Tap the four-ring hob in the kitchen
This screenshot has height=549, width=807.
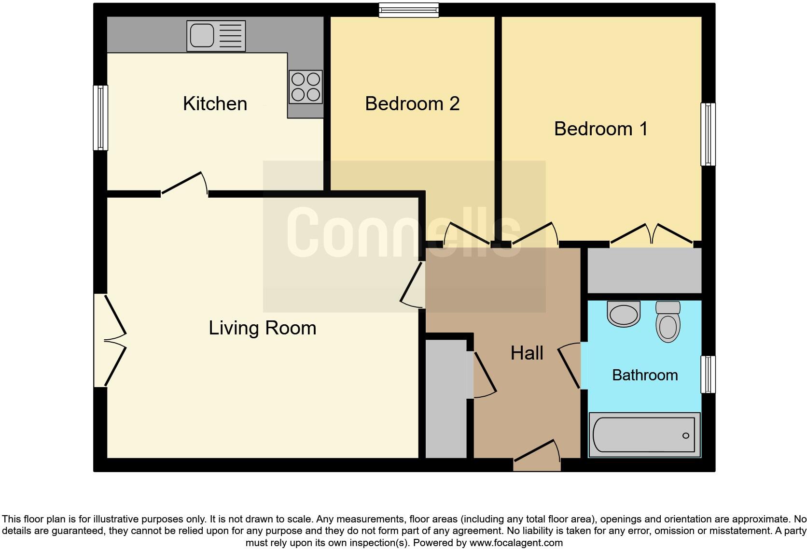point(306,87)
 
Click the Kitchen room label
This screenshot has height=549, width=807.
point(215,104)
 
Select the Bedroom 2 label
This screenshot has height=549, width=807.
point(412,104)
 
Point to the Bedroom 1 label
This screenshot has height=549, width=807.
point(600,129)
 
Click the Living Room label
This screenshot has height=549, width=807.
point(262,328)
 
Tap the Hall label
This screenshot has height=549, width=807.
point(527,353)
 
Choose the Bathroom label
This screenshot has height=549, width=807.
point(645,375)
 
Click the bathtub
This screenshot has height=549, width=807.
point(644,435)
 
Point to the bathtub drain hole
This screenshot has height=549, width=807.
point(685,435)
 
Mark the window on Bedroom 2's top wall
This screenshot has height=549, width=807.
point(409,10)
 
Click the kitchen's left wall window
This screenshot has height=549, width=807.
point(100,118)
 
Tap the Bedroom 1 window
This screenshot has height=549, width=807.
point(708,134)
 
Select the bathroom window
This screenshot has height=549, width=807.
point(708,374)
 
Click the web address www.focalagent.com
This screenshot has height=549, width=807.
point(516,543)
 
